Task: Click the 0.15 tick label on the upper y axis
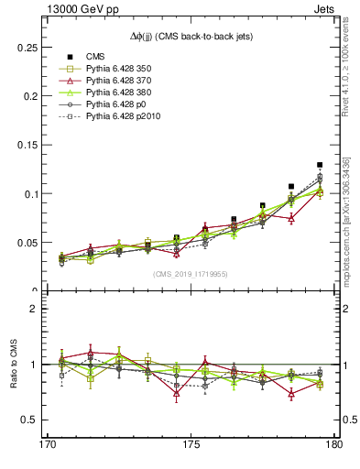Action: tap(26, 145)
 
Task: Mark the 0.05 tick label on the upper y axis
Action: tap(26, 243)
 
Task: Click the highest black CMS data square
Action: tap(320, 165)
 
